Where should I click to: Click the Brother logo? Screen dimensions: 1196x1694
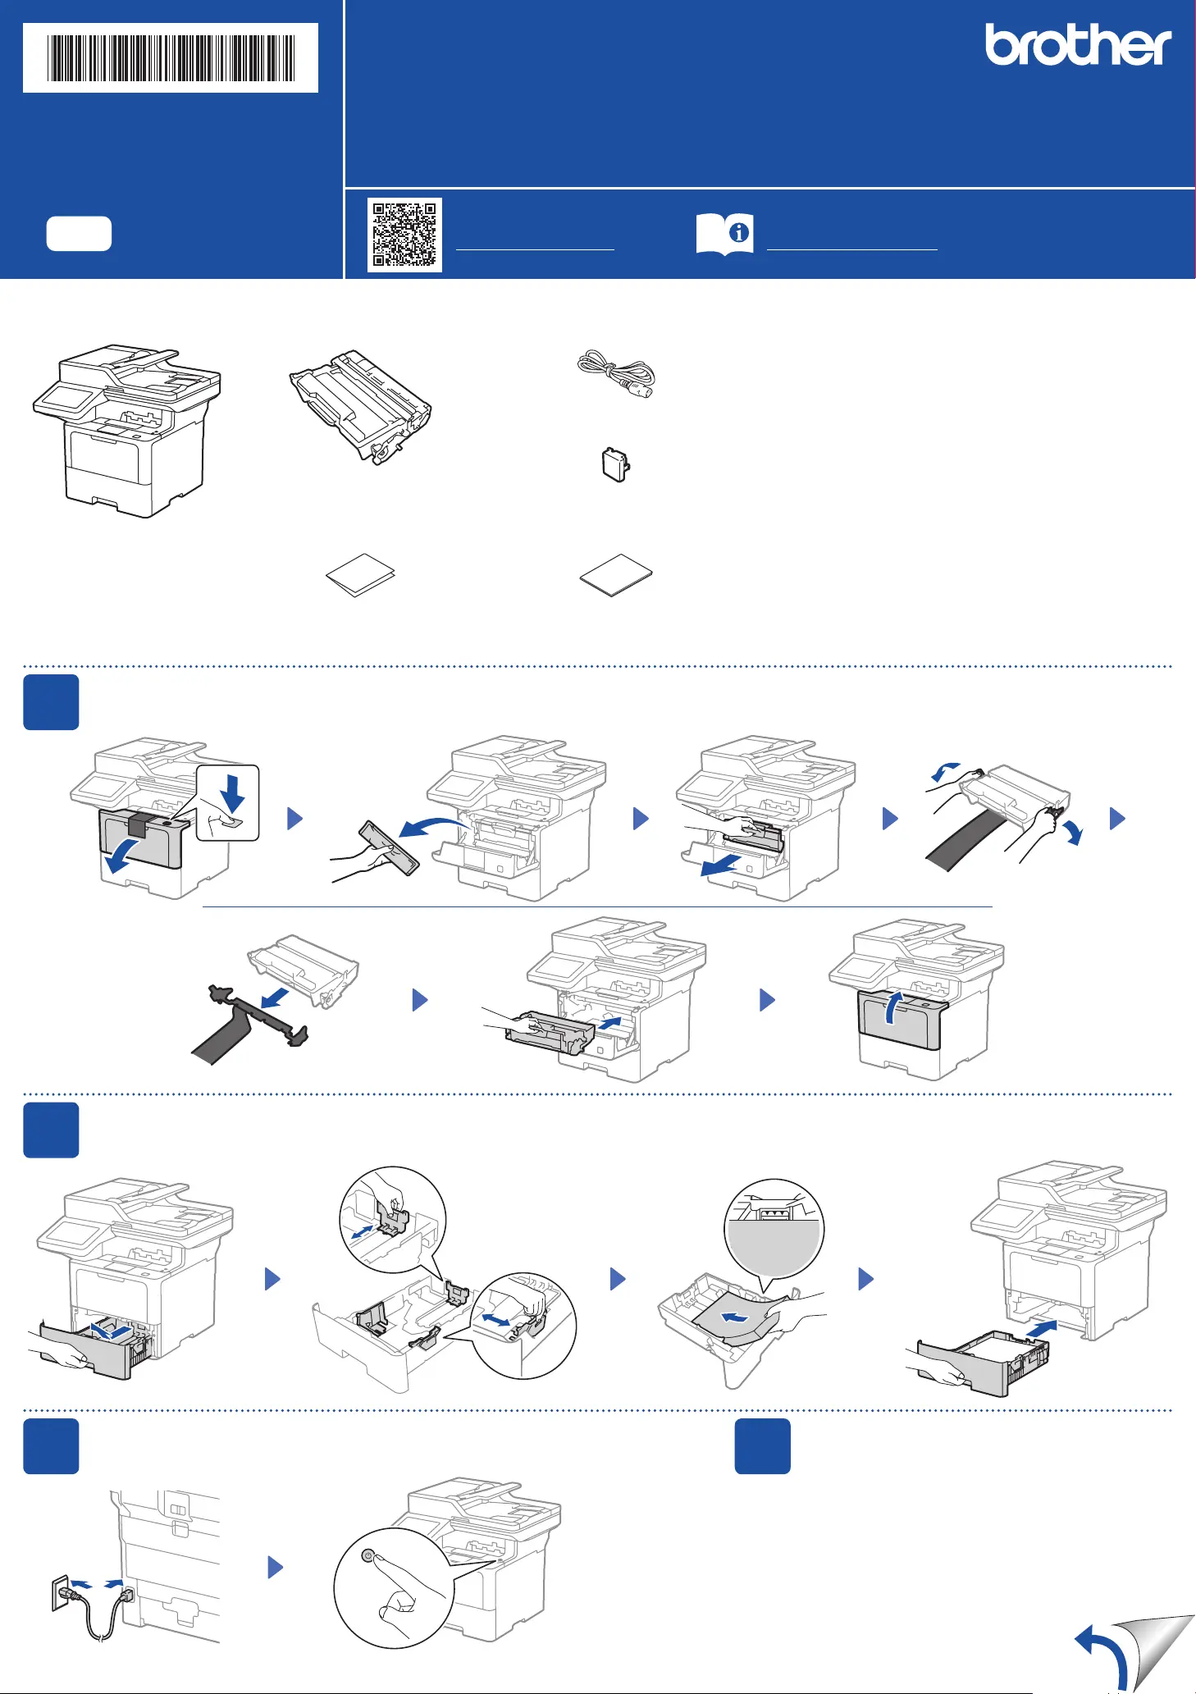tap(1078, 44)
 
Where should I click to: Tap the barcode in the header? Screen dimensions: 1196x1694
tap(171, 57)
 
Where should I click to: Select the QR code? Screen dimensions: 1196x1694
tap(404, 235)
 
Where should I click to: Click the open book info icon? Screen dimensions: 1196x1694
tap(725, 234)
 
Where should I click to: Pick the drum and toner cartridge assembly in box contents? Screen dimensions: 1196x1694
tap(361, 405)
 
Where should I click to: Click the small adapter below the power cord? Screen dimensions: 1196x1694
tap(616, 465)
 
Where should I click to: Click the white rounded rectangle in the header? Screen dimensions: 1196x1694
tap(79, 234)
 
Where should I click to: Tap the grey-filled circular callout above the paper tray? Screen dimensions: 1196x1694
tap(774, 1228)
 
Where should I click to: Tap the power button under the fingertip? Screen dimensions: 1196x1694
tap(367, 1555)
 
